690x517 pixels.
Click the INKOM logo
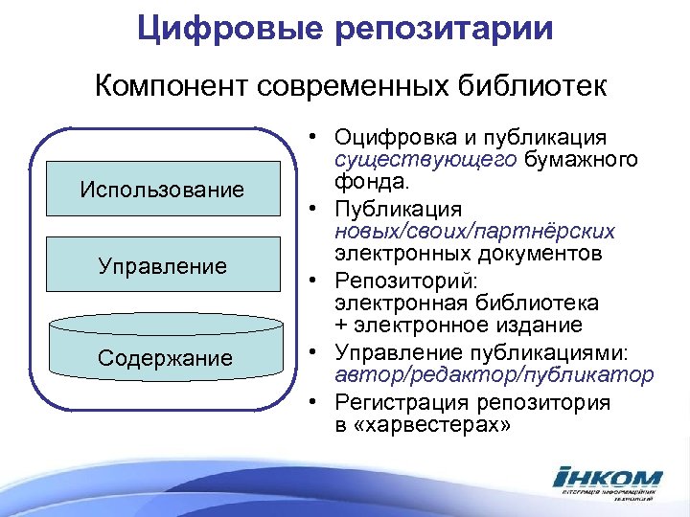607,483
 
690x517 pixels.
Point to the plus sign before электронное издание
341,326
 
